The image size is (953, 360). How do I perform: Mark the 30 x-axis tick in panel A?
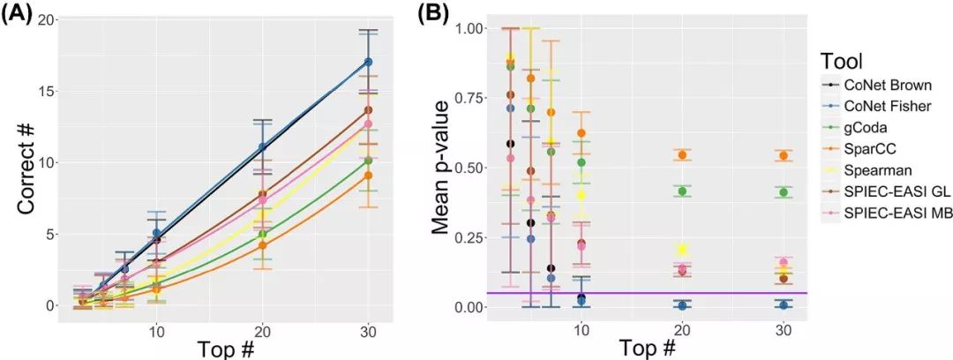[x=368, y=330]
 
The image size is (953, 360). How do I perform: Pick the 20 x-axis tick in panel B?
[x=681, y=330]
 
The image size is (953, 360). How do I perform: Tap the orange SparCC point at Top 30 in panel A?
[x=368, y=176]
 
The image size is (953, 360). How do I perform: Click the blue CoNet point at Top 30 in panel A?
[x=368, y=62]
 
